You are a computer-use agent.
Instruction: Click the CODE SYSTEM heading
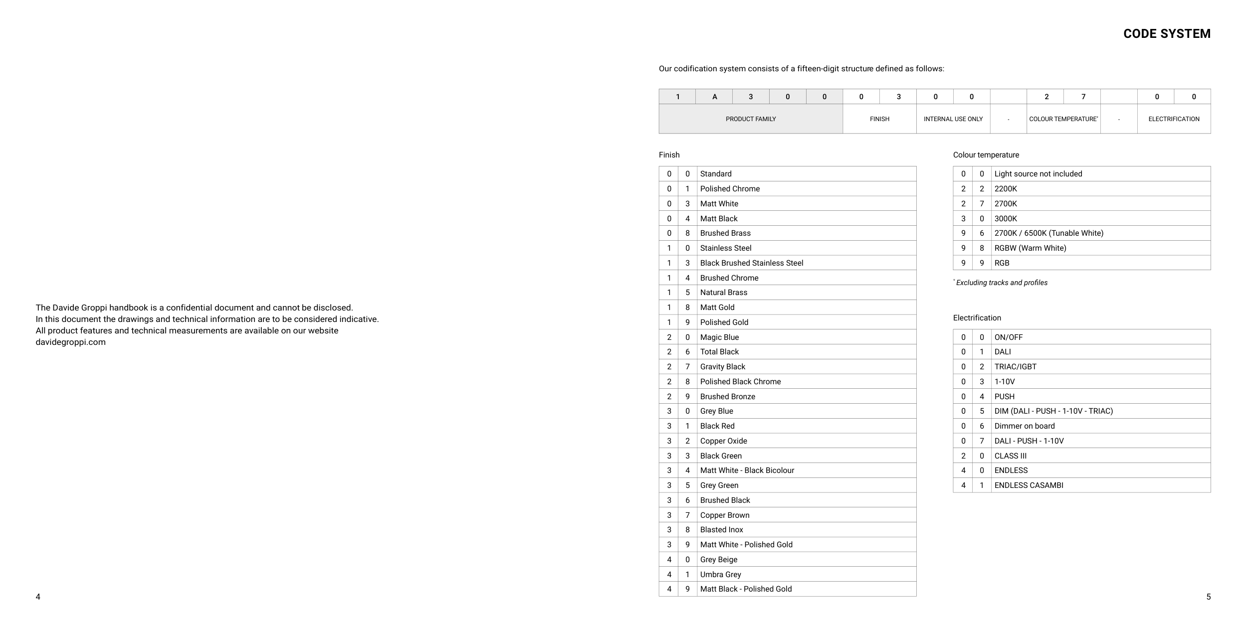pyautogui.click(x=1166, y=34)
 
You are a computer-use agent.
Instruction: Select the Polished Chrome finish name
pyautogui.click(x=730, y=189)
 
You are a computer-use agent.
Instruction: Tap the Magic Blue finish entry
pyautogui.click(x=719, y=337)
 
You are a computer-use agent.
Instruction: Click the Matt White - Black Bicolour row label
pyautogui.click(x=747, y=470)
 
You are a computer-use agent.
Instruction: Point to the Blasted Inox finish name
pyautogui.click(x=721, y=530)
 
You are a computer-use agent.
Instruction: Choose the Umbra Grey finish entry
pyautogui.click(x=720, y=575)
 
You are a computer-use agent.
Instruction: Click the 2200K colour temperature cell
pyautogui.click(x=1006, y=189)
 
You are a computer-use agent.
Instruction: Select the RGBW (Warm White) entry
pyautogui.click(x=1030, y=248)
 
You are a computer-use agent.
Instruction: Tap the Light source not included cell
pyautogui.click(x=1038, y=174)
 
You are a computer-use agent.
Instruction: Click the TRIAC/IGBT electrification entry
pyautogui.click(x=1015, y=367)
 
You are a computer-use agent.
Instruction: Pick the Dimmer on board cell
pyautogui.click(x=1024, y=426)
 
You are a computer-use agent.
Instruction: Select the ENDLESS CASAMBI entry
pyautogui.click(x=1029, y=485)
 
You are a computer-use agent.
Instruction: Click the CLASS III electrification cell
pyautogui.click(x=1010, y=456)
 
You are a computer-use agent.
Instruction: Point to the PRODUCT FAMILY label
pyautogui.click(x=751, y=119)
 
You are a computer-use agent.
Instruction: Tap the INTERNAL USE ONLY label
pyautogui.click(x=953, y=119)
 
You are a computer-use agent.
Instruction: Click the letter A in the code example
pyautogui.click(x=714, y=97)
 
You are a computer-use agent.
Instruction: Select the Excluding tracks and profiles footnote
pyautogui.click(x=1001, y=283)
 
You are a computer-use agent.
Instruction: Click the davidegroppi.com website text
pyautogui.click(x=70, y=342)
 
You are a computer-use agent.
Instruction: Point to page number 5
pyautogui.click(x=1208, y=597)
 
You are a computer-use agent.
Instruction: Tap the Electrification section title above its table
pyautogui.click(x=977, y=318)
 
